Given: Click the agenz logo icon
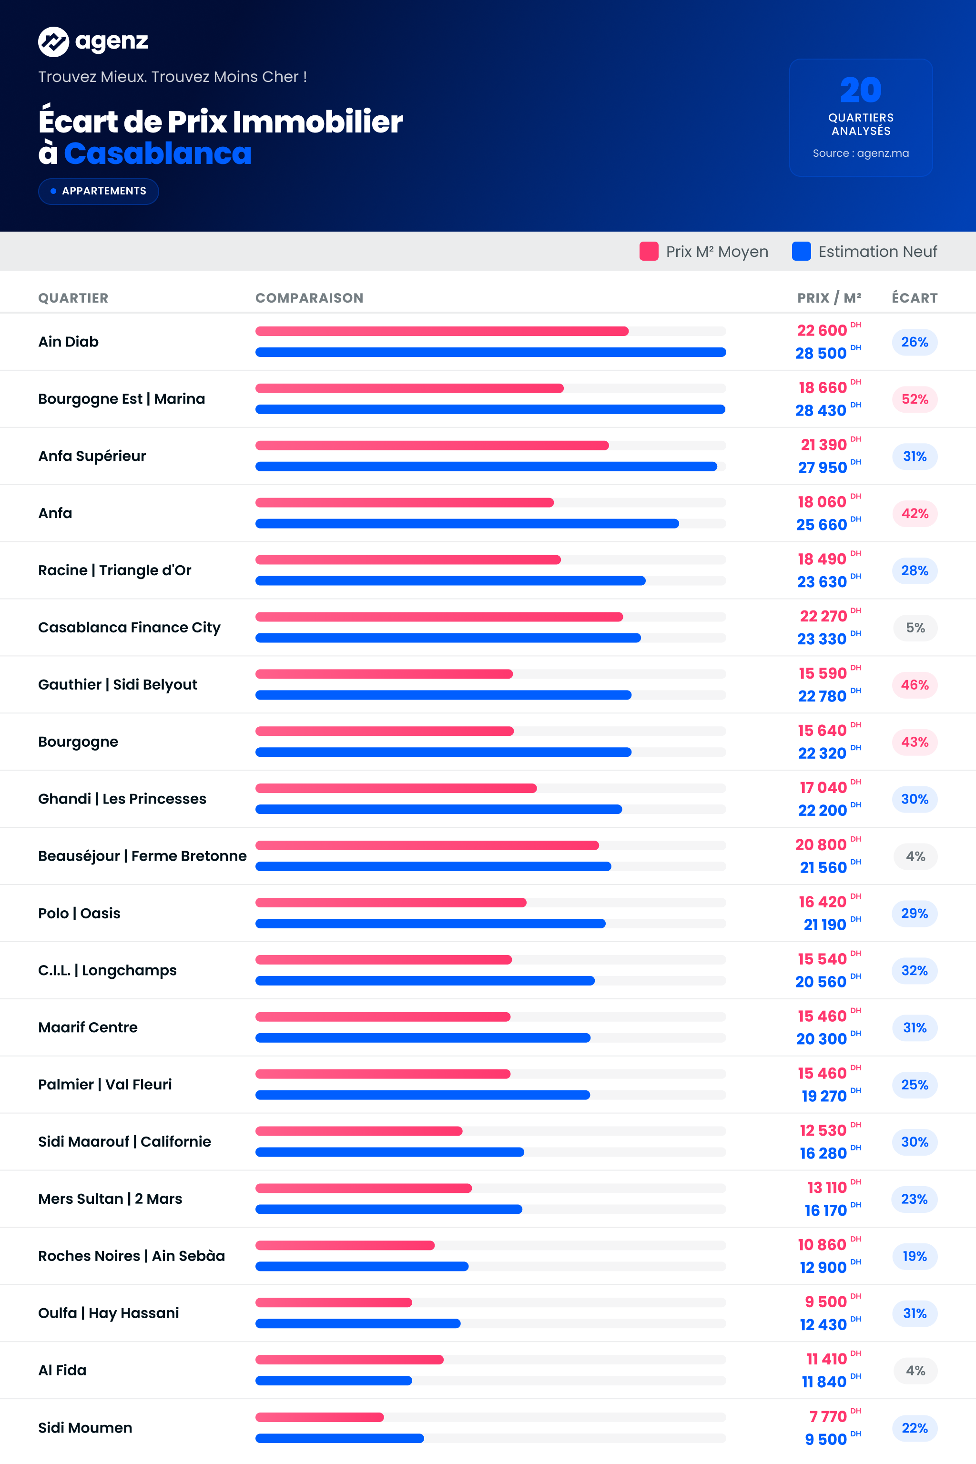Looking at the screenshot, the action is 53,42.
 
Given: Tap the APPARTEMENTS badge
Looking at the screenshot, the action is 98,191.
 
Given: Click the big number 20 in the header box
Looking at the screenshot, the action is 861,90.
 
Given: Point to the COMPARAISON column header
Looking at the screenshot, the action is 309,298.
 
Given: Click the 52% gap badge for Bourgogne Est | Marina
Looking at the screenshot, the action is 915,399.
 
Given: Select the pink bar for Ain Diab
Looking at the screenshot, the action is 442,331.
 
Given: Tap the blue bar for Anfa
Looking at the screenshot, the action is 467,523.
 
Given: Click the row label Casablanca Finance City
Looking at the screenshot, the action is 130,628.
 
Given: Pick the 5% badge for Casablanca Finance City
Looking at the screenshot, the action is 915,628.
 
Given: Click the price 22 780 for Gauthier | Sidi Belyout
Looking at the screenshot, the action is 822,696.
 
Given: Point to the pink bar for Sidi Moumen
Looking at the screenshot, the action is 319,1417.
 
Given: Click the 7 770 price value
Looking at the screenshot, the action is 828,1417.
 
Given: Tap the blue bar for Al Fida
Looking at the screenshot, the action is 334,1381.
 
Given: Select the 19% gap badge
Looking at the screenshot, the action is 915,1256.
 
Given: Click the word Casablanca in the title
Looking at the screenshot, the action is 157,153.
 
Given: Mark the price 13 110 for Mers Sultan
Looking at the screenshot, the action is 827,1188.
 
